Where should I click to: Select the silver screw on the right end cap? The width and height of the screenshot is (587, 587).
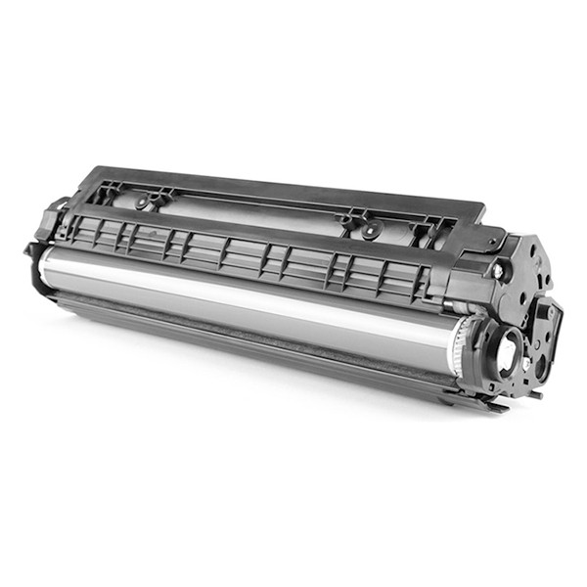pos(499,271)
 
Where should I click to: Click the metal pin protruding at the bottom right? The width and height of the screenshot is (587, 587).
pos(536,395)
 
